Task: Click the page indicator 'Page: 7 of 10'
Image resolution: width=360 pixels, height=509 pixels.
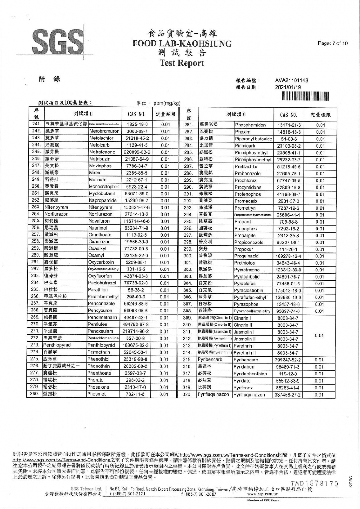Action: pyautogui.click(x=332, y=43)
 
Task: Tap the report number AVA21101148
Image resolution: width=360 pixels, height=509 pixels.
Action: pyautogui.click(x=291, y=80)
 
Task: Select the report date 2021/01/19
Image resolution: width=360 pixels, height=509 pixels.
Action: pyautogui.click(x=288, y=87)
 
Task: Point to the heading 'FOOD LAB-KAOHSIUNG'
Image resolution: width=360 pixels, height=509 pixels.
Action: pyautogui.click(x=182, y=43)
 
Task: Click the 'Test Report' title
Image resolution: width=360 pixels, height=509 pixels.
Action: pyautogui.click(x=182, y=63)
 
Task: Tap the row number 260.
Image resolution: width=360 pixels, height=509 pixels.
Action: pyautogui.click(x=36, y=255)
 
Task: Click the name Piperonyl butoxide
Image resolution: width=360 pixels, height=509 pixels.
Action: pyautogui.click(x=253, y=139)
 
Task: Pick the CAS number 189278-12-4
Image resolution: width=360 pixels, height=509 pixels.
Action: pyautogui.click(x=289, y=256)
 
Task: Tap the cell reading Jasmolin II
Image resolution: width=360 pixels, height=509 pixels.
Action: pyautogui.click(x=245, y=339)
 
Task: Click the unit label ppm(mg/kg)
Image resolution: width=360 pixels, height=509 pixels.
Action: pyautogui.click(x=167, y=103)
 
